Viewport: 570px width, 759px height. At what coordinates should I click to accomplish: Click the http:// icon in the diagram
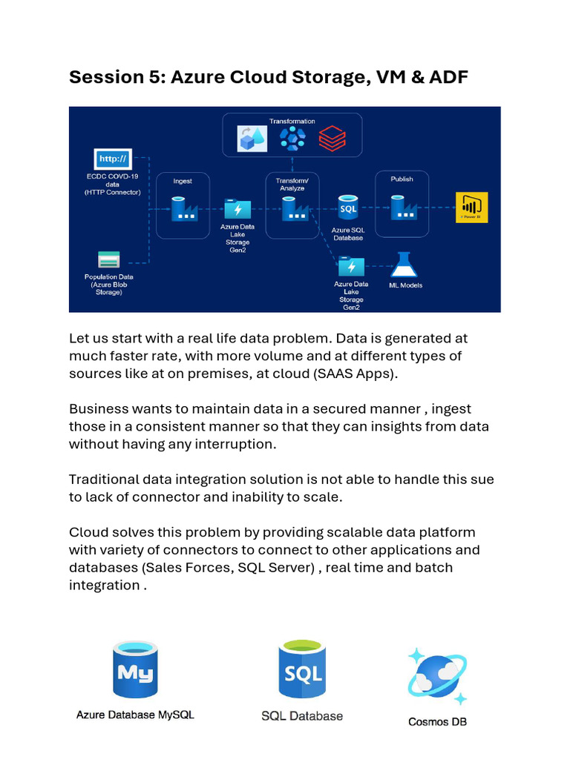click(113, 159)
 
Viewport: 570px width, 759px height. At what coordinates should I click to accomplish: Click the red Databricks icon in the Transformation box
click(332, 138)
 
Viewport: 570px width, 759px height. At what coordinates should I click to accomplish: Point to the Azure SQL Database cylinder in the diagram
click(347, 208)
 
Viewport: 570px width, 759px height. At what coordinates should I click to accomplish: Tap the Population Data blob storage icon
click(108, 260)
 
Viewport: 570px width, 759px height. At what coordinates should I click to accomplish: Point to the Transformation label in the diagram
click(292, 121)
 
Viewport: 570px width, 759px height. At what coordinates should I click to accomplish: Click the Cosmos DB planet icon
click(437, 676)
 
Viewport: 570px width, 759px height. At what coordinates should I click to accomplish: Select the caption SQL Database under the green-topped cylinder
click(302, 716)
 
